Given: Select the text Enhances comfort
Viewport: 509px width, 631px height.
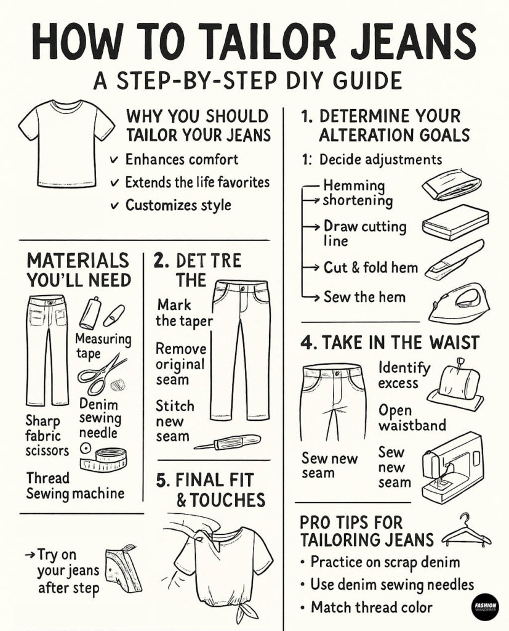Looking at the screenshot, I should point(182,160).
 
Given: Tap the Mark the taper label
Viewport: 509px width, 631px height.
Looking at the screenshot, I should point(183,312).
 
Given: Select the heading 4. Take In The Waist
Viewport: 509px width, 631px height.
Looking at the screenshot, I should point(390,342).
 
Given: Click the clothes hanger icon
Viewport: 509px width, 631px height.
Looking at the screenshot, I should point(466,531).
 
